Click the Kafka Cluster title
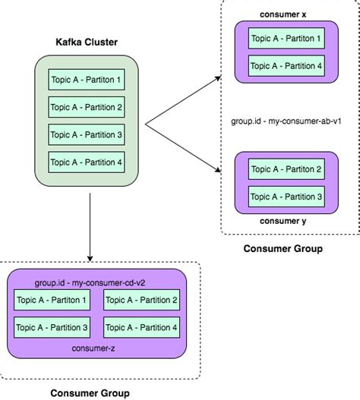pyautogui.click(x=86, y=43)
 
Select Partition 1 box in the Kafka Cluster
pyautogui.click(x=85, y=79)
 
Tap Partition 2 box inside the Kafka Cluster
pyautogui.click(x=85, y=107)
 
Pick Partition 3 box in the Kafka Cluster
pyautogui.click(x=85, y=134)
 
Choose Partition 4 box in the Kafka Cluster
pyautogui.click(x=85, y=162)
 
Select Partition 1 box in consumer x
pyautogui.click(x=286, y=38)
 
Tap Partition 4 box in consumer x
pyautogui.click(x=286, y=65)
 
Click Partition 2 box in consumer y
pyautogui.click(x=286, y=169)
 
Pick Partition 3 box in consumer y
pyautogui.click(x=286, y=196)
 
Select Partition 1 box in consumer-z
pyautogui.click(x=52, y=301)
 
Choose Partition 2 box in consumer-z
pyautogui.click(x=142, y=301)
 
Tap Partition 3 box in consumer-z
pyautogui.click(x=52, y=328)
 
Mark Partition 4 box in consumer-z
pyautogui.click(x=142, y=328)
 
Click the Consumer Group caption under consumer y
pyautogui.click(x=283, y=248)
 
